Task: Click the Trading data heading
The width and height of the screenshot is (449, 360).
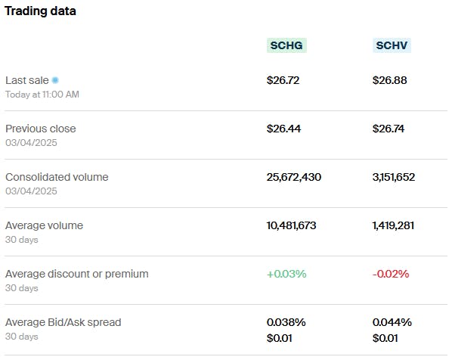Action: [40, 11]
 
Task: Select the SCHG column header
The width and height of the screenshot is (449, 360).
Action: [287, 45]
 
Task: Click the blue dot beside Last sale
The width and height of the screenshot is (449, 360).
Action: [55, 80]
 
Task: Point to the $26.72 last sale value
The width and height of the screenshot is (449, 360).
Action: [283, 80]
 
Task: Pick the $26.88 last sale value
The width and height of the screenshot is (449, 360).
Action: [389, 80]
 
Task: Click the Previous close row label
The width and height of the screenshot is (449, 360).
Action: [41, 129]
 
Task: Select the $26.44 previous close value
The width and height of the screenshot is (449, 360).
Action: [283, 129]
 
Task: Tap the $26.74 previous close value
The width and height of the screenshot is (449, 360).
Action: [389, 129]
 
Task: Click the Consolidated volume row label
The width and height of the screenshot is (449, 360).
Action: [57, 177]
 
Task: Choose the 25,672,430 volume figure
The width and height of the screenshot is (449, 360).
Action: [294, 177]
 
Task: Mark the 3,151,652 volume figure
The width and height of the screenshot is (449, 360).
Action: [394, 177]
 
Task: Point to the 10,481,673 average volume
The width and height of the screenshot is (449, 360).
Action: [292, 225]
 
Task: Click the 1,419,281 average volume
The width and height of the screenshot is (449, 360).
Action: [394, 225]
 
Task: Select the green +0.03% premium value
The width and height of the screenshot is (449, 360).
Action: [286, 274]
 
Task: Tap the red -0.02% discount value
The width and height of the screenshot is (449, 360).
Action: [391, 274]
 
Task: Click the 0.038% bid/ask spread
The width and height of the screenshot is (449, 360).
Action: [286, 322]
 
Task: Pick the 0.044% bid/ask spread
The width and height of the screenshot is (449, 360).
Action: [392, 322]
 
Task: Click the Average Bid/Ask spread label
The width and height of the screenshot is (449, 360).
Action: [63, 322]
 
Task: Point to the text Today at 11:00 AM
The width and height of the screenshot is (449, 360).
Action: [42, 95]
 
